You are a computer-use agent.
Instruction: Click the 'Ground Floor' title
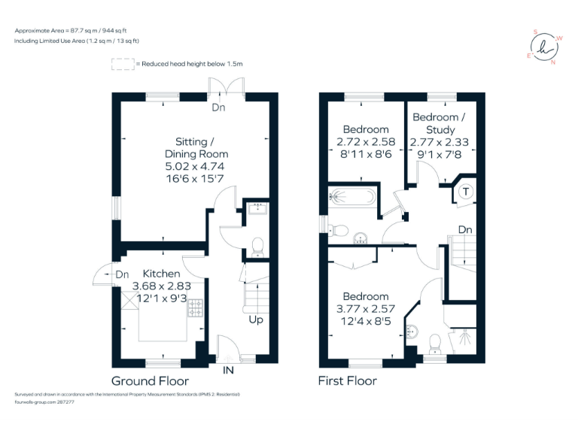[150, 380]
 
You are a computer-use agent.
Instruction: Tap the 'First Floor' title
[347, 380]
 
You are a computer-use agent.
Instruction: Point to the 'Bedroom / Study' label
[439, 123]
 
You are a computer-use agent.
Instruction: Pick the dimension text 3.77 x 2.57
[367, 309]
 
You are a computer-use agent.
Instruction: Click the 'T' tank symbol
[466, 191]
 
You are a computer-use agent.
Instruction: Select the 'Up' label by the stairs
[257, 319]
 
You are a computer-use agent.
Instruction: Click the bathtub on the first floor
[351, 198]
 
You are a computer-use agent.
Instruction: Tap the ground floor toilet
[257, 244]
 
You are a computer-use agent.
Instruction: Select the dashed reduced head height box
[122, 65]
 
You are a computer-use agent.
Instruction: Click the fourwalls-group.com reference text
[44, 402]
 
